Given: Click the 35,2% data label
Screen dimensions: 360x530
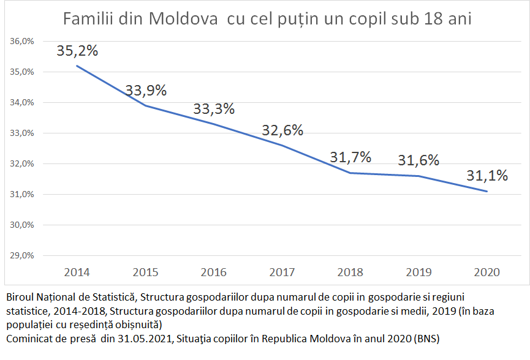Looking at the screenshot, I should pyautogui.click(x=77, y=51).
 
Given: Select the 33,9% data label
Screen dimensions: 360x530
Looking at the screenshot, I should pyautogui.click(x=146, y=91).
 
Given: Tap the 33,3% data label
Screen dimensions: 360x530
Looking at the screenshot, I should pyautogui.click(x=214, y=109).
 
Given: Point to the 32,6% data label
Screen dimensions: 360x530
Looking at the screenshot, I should pyautogui.click(x=282, y=130).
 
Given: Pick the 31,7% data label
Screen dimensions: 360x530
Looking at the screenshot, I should pyautogui.click(x=350, y=157).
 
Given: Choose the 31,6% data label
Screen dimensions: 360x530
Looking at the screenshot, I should pyautogui.click(x=418, y=160).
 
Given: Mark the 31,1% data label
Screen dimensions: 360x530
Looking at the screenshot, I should pyautogui.click(x=487, y=176).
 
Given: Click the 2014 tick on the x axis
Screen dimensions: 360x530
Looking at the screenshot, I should pyautogui.click(x=77, y=272).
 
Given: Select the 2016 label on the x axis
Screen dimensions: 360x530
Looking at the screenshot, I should pyautogui.click(x=214, y=272).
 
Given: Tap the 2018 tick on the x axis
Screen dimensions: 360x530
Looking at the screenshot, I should pyautogui.click(x=350, y=272).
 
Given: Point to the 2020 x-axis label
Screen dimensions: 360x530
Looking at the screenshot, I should pyautogui.click(x=487, y=272).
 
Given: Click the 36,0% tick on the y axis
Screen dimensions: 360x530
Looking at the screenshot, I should pyautogui.click(x=21, y=42).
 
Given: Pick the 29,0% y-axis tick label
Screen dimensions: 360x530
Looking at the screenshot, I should pyautogui.click(x=21, y=255).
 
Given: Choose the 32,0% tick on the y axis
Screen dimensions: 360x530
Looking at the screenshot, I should pyautogui.click(x=21, y=164).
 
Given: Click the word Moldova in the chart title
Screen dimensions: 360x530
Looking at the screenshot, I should pyautogui.click(x=184, y=19).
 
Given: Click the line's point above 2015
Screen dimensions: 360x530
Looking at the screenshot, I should pyautogui.click(x=146, y=105).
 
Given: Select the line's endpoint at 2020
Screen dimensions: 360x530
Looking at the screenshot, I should pyautogui.click(x=487, y=192).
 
